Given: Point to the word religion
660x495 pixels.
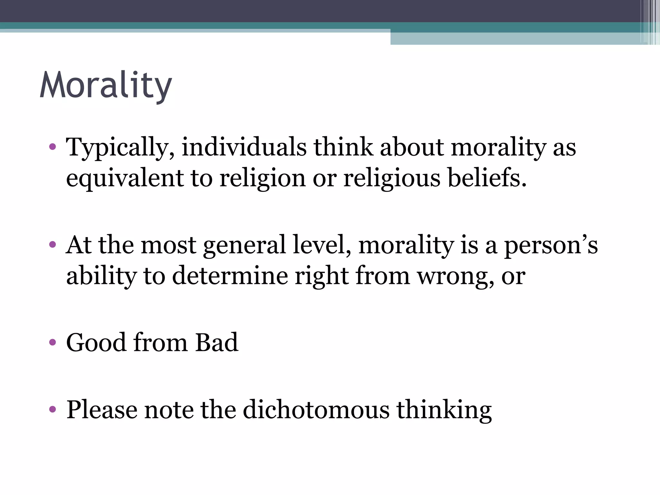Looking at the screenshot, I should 262,178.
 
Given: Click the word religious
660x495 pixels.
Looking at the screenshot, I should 392,178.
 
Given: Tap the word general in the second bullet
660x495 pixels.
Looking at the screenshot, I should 245,245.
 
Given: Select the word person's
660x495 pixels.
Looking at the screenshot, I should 551,245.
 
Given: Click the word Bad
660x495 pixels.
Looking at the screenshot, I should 217,342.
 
